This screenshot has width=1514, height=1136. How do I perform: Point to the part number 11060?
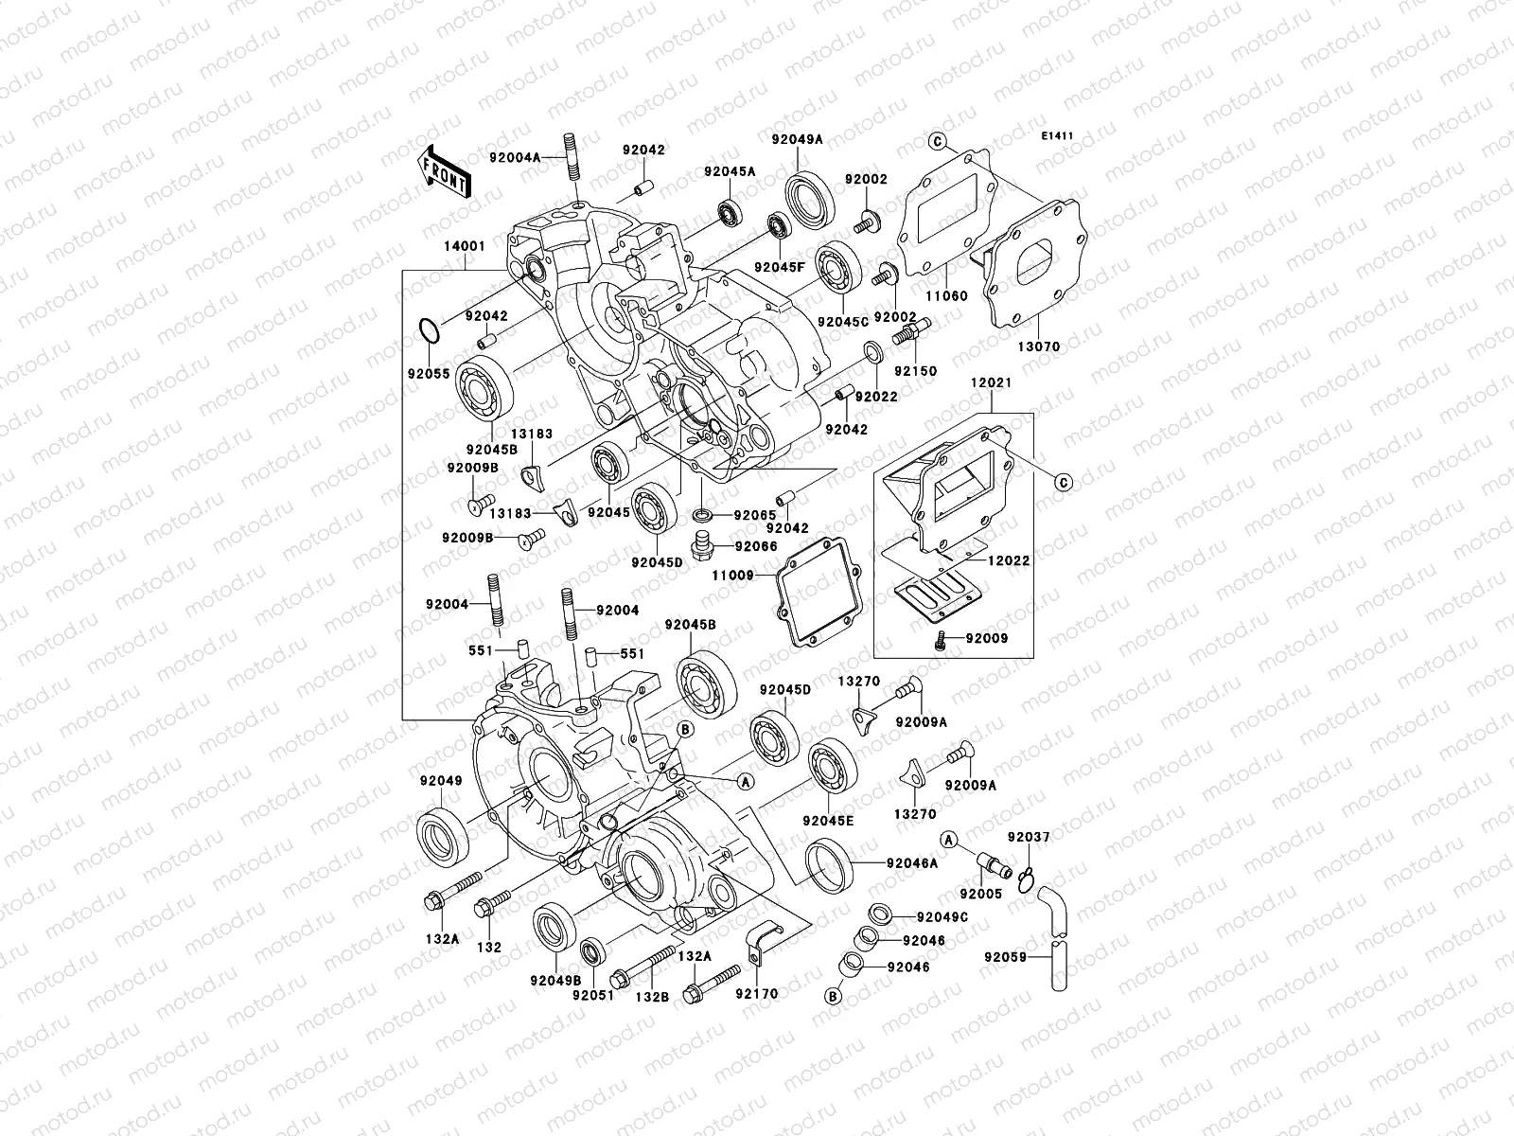pyautogui.click(x=946, y=295)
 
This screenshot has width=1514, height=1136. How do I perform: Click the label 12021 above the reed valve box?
pyautogui.click(x=991, y=382)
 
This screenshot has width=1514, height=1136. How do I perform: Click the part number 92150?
pyautogui.click(x=915, y=371)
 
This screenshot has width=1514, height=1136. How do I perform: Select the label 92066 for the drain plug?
pyautogui.click(x=755, y=546)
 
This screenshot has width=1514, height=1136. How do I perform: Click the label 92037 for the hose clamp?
pyautogui.click(x=1028, y=837)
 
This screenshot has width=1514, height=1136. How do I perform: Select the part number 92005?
pyautogui.click(x=980, y=893)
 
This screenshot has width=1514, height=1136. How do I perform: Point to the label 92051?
pyautogui.click(x=593, y=994)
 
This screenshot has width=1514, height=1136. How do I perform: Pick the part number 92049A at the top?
pyautogui.click(x=796, y=139)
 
